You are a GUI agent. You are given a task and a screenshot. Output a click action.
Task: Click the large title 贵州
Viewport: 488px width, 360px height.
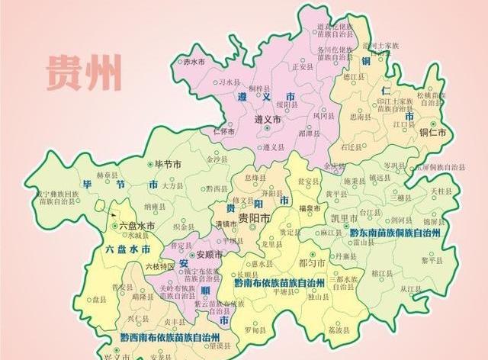tap(83, 72)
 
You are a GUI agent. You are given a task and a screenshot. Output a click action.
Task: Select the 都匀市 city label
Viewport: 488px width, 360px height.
tap(313, 262)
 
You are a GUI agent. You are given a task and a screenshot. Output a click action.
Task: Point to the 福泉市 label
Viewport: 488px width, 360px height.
tap(308, 207)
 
